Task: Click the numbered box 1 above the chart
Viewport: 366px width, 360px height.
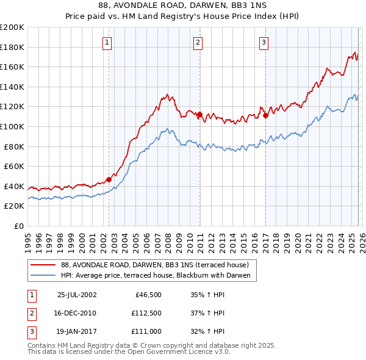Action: coord(107,42)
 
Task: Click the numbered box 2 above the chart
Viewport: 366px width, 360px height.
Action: coord(199,42)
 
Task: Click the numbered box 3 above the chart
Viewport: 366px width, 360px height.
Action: coord(264,42)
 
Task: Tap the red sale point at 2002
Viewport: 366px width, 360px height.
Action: coord(109,179)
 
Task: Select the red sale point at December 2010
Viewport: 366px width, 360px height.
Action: coord(199,114)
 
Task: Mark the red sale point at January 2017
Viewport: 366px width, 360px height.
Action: coord(265,115)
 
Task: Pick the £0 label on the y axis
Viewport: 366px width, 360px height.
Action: coord(20,226)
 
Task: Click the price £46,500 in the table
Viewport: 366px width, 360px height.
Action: coord(147,295)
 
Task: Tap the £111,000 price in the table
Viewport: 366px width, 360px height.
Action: coord(146,331)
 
